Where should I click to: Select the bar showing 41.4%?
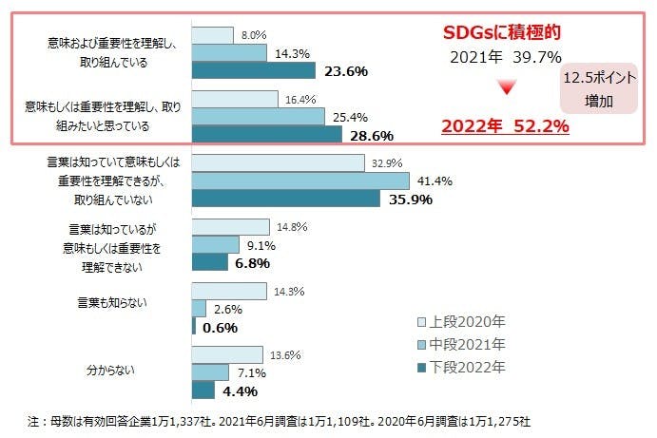tap(300, 181)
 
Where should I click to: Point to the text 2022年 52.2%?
tap(504, 124)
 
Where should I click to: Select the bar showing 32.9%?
tap(278, 162)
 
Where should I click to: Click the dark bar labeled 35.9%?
tap(284, 200)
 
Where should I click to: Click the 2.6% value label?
tap(227, 309)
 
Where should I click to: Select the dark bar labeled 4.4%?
tap(203, 390)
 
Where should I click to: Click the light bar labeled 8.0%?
tap(212, 35)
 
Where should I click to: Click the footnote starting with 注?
tap(285, 420)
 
